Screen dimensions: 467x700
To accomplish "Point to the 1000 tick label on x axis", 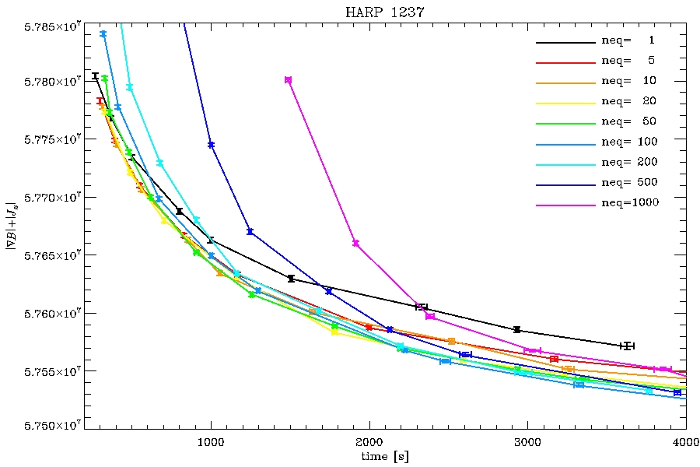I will coord(210,441).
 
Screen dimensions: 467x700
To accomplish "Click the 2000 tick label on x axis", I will coord(369,441).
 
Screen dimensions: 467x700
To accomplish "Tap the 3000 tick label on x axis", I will coord(527,441).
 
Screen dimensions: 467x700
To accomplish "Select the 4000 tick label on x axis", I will coord(685,441).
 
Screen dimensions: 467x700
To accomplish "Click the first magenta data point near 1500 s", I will coord(289,79).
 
